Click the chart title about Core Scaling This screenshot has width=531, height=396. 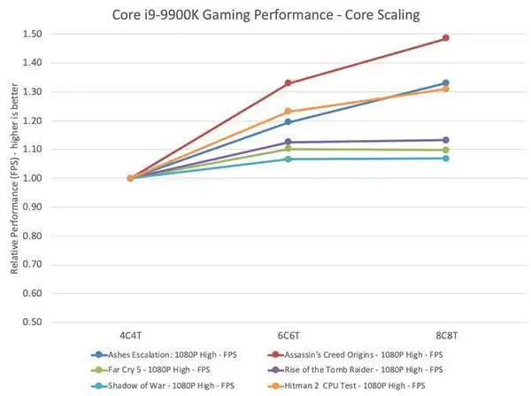(x=265, y=14)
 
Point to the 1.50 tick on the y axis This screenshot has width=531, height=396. (x=40, y=35)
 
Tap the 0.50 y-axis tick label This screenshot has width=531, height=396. (x=40, y=322)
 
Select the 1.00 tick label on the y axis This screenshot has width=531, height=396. (x=40, y=178)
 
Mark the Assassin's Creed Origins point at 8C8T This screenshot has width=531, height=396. (x=445, y=38)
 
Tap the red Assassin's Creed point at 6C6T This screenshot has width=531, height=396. (x=288, y=83)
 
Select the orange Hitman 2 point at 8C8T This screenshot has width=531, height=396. (x=445, y=89)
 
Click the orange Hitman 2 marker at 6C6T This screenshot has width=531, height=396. (x=288, y=112)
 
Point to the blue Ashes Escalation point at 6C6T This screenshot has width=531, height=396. (x=288, y=122)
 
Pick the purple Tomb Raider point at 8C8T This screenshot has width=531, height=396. (x=445, y=140)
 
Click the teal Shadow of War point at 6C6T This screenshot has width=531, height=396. (x=288, y=159)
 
